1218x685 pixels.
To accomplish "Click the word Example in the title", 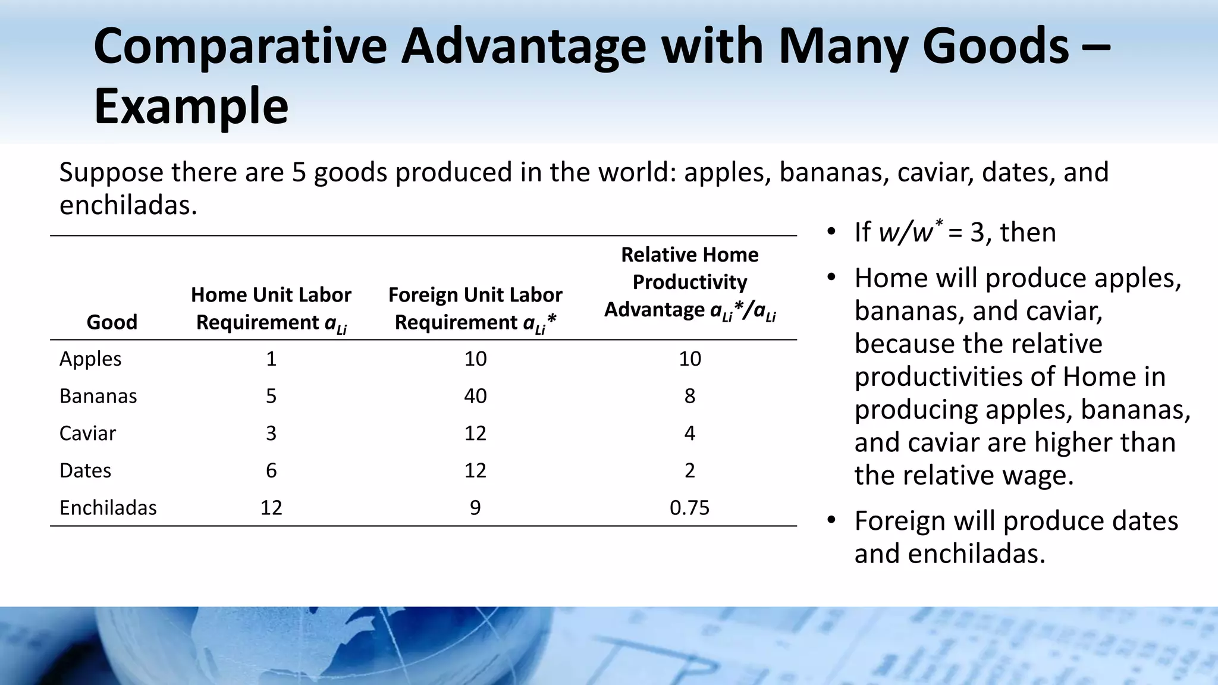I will click(191, 107).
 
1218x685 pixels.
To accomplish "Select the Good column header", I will click(112, 322).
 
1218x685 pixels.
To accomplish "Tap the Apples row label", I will click(90, 359).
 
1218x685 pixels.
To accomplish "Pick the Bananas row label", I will click(98, 396).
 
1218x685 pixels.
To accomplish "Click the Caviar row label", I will click(87, 433).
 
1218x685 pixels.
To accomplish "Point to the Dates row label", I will click(85, 470).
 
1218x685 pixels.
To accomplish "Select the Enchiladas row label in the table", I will click(108, 508).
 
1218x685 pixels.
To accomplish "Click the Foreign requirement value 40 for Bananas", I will click(475, 396).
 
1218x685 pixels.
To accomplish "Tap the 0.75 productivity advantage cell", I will click(689, 508).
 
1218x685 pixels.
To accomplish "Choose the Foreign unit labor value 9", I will click(475, 508).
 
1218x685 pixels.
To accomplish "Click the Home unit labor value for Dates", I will click(271, 470).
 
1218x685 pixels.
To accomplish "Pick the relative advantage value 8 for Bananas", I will click(689, 396).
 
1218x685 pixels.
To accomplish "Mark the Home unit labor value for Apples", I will click(271, 359).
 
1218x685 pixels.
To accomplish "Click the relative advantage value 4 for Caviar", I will click(689, 433).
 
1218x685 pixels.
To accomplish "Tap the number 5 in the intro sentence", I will click(299, 172).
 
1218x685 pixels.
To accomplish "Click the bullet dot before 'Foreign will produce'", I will click(831, 520).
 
